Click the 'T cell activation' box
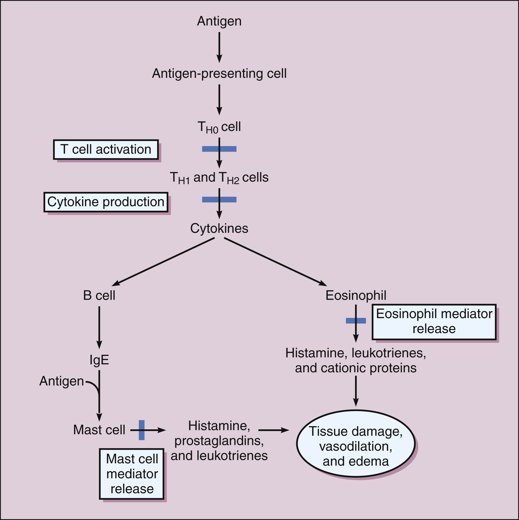(x=106, y=149)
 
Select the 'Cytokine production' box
(x=106, y=202)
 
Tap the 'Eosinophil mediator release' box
(x=434, y=322)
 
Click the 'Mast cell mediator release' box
(x=131, y=474)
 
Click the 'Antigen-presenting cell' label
(x=219, y=73)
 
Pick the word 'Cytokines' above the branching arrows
(x=219, y=228)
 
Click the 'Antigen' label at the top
(x=219, y=21)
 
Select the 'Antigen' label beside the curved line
(x=62, y=381)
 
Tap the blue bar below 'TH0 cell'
(x=219, y=149)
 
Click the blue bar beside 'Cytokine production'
(x=219, y=199)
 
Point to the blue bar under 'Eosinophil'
(x=356, y=321)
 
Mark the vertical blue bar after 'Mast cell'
(x=142, y=430)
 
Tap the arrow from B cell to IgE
(x=99, y=327)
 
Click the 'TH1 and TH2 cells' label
(x=219, y=178)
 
